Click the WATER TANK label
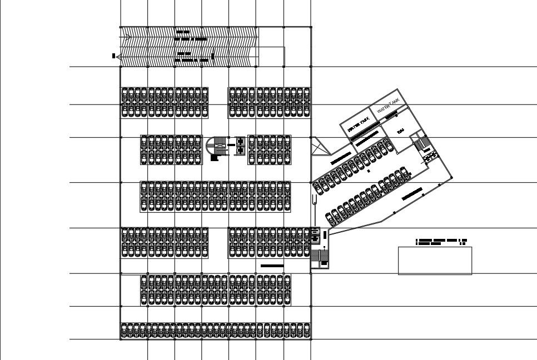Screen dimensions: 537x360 point(388,106)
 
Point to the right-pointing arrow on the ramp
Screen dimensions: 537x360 point(127,38)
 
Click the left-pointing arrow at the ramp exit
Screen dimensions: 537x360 point(123,56)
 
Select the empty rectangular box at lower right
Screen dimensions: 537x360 point(435,261)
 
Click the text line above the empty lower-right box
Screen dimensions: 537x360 point(441,241)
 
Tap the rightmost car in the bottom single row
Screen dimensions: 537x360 point(307,331)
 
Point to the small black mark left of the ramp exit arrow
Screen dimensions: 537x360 point(113,56)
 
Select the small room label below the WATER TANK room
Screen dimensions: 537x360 point(400,131)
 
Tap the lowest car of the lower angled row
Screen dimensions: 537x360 point(329,216)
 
